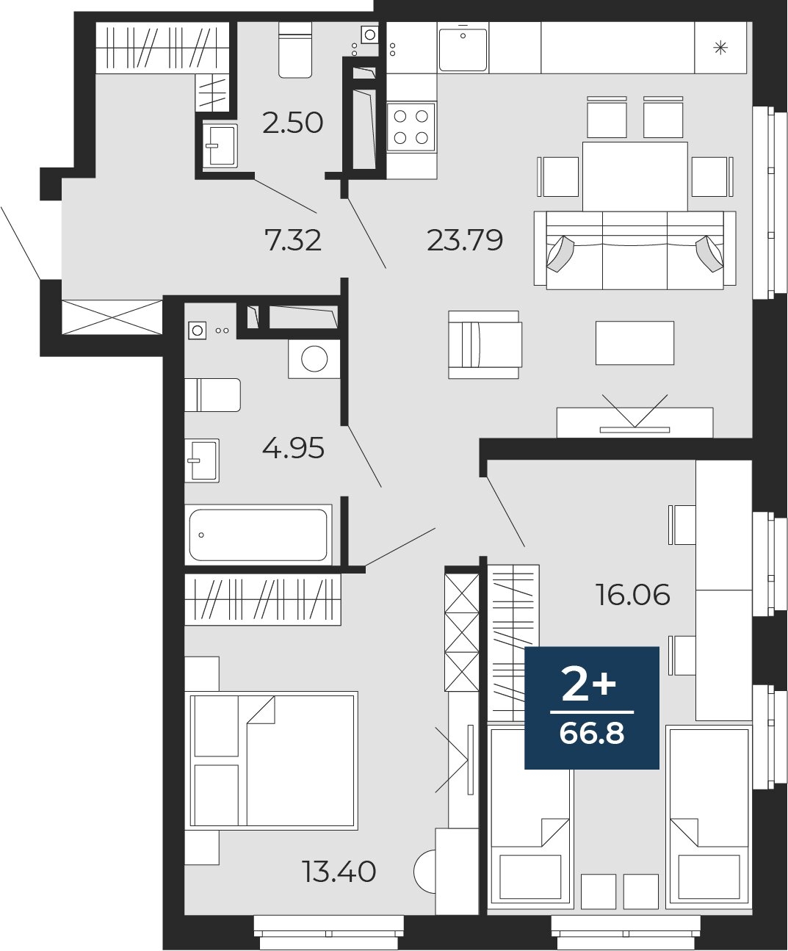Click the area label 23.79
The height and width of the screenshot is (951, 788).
465,240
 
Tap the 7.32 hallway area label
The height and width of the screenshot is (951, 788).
293,240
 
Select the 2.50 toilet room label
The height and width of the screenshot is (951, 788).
293,123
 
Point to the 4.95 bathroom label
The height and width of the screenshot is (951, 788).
293,447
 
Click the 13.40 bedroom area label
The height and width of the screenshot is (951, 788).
339,872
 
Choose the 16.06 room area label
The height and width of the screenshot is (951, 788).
633,594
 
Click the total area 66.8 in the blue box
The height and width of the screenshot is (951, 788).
592,734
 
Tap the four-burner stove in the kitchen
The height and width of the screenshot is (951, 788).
411,127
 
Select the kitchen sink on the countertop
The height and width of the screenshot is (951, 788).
463,49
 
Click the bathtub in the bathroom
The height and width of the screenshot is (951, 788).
259,535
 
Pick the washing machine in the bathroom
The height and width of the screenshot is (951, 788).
314,358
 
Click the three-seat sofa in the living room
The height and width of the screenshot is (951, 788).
635,250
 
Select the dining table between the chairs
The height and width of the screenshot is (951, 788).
635,176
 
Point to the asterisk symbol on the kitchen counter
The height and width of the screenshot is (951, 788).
720,47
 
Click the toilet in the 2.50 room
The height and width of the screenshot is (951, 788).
295,49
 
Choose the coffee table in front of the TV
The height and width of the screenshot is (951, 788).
635,343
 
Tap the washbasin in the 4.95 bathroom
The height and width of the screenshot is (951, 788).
202,460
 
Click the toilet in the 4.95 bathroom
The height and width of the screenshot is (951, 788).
213,395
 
